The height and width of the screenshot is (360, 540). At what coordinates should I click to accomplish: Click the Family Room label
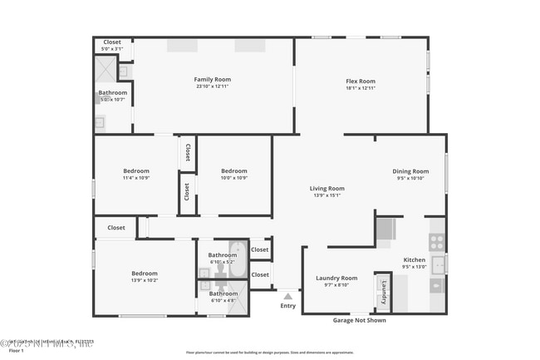[213, 79]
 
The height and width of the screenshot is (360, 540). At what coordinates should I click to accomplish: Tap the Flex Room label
[361, 81]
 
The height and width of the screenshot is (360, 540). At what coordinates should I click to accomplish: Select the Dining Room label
[410, 171]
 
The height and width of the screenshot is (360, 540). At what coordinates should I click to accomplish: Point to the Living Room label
[326, 189]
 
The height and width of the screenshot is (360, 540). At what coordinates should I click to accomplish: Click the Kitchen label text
[414, 259]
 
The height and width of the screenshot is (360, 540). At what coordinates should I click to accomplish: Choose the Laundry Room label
[336, 278]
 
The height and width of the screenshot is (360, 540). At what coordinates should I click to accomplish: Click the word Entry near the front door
[287, 305]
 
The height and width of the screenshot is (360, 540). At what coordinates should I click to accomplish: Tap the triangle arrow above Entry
[287, 295]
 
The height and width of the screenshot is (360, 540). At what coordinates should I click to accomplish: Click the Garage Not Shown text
[359, 320]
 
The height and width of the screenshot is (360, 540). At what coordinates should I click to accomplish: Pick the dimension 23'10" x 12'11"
[213, 86]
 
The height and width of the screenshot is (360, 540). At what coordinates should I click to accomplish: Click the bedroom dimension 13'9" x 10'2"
[144, 280]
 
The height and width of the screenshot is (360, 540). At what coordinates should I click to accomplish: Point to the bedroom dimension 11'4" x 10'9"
[135, 178]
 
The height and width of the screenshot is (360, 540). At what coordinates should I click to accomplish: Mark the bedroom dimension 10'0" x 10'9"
[233, 178]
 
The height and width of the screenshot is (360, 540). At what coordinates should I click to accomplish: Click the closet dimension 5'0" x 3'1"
[111, 49]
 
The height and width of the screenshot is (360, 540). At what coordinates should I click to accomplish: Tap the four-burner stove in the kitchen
[436, 242]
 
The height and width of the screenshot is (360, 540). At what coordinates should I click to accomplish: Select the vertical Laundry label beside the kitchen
[384, 292]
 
